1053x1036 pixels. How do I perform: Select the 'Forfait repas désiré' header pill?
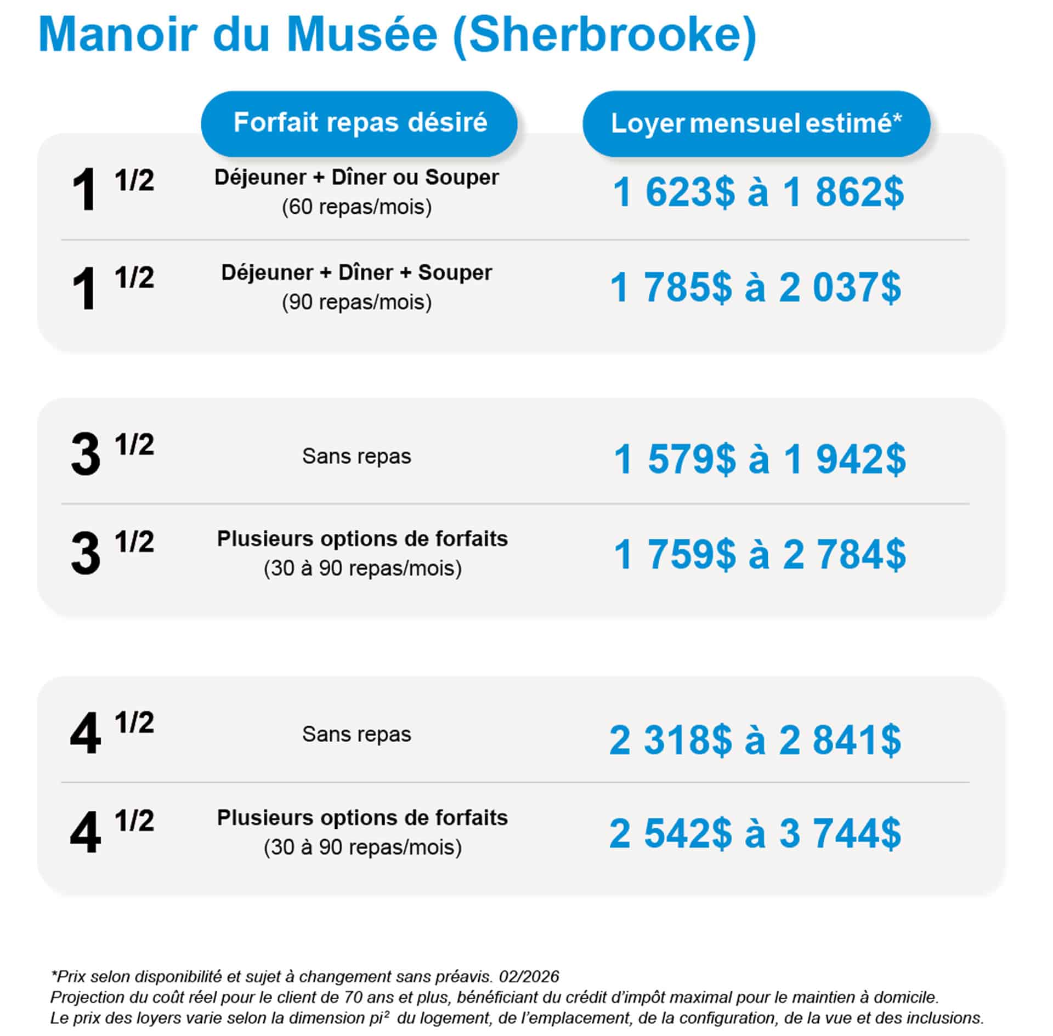pyautogui.click(x=360, y=123)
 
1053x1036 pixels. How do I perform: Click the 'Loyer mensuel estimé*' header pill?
pyautogui.click(x=756, y=124)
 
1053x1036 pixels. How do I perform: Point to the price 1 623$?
pyautogui.click(x=673, y=192)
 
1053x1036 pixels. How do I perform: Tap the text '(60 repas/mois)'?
pyautogui.click(x=356, y=207)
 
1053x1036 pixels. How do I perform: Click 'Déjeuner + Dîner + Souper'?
pyautogui.click(x=356, y=272)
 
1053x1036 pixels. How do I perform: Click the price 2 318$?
pyautogui.click(x=670, y=740)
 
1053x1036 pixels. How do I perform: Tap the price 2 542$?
pyautogui.click(x=670, y=833)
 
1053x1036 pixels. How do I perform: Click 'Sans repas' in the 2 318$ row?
pyautogui.click(x=356, y=735)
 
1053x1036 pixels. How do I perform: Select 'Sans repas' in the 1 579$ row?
pyautogui.click(x=356, y=456)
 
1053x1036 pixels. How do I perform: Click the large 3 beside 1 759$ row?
pyautogui.click(x=86, y=555)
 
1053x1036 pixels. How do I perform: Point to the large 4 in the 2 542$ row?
pyautogui.click(x=86, y=833)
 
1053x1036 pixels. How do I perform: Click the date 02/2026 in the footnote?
pyautogui.click(x=529, y=976)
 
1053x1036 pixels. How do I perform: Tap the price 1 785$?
pyautogui.click(x=671, y=288)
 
